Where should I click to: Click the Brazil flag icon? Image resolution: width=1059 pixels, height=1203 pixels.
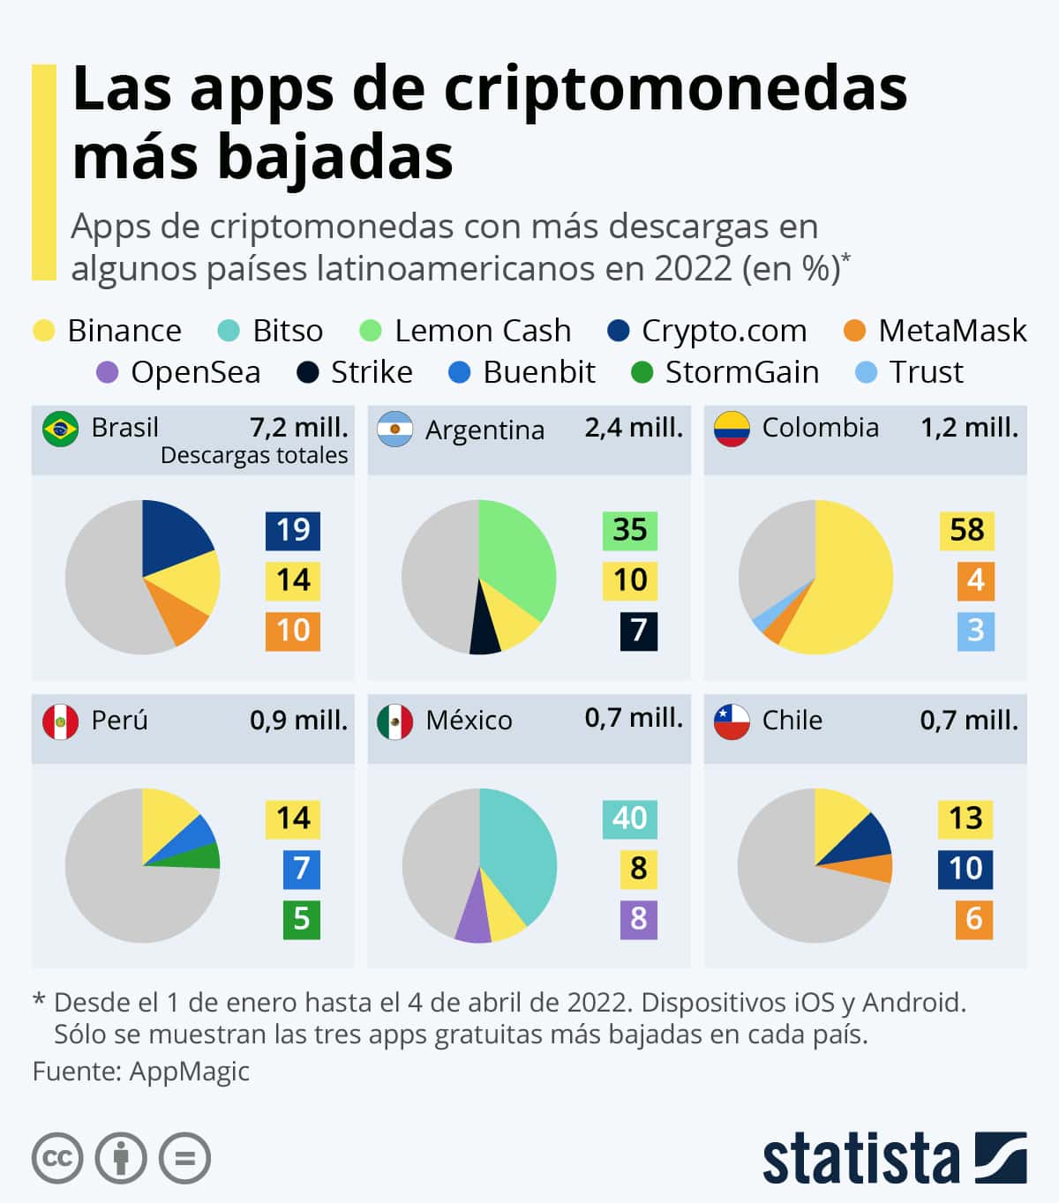60,429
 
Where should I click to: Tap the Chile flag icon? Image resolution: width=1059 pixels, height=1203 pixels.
732,721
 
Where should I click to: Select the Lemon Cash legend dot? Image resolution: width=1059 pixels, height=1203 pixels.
371,331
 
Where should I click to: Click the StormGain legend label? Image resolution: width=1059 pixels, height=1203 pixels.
741,372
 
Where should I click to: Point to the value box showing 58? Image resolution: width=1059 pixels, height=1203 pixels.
966,530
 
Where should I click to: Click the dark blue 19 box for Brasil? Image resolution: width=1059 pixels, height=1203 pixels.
293,530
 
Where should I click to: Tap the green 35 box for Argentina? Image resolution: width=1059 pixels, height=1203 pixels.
630,530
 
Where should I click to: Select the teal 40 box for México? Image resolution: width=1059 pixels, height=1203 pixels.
630,818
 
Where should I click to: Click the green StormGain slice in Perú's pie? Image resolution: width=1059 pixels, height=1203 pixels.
205,856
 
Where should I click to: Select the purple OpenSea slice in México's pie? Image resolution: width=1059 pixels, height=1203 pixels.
474,917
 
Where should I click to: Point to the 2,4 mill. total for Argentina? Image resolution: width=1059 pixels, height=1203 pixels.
634,428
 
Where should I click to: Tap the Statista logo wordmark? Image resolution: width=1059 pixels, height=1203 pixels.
860,1158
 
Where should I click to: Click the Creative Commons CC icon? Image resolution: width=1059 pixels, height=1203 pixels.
58,1158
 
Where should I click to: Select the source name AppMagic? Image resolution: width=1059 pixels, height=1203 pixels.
189,1071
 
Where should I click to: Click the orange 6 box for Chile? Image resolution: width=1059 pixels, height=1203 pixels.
974,919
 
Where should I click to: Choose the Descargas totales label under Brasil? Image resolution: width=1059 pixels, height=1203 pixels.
254,455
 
